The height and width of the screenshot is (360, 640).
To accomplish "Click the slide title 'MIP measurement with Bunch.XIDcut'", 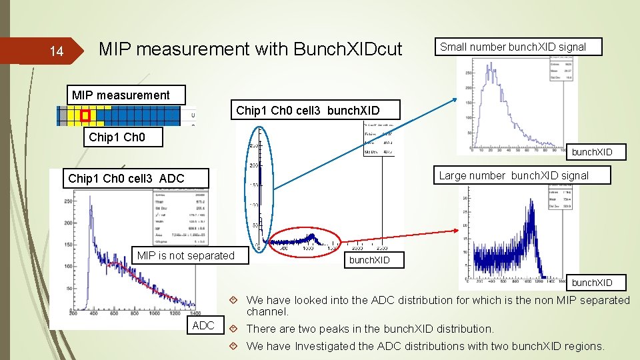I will click(250, 49).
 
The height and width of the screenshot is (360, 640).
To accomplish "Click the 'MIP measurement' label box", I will click(121, 95).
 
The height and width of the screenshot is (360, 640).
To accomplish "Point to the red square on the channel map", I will click(85, 116).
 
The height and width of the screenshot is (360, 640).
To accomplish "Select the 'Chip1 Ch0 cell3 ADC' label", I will click(126, 178).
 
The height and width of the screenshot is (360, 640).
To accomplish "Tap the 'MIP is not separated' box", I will click(185, 255).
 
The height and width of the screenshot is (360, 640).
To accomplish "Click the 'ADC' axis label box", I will click(203, 325).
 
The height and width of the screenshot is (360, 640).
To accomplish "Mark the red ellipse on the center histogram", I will click(304, 241).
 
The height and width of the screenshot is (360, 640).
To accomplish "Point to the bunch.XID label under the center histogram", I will click(369, 259).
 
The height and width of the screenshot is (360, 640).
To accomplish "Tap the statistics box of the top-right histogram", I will click(561, 69).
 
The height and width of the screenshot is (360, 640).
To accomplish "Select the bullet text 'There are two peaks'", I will click(370, 329).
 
